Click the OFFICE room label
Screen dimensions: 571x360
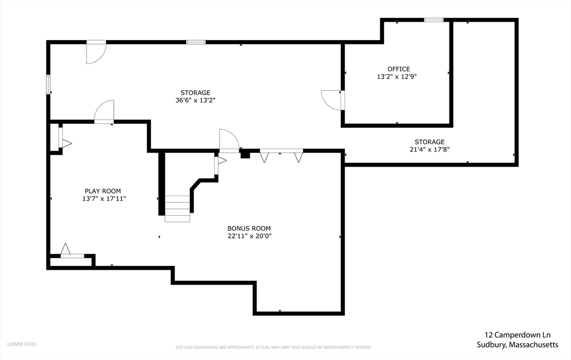[x=398, y=69]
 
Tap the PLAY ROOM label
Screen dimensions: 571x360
[x=103, y=191]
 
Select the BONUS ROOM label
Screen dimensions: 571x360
[x=249, y=228]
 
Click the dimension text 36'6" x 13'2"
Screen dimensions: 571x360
[x=196, y=100]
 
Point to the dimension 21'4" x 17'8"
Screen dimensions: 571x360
[x=430, y=149]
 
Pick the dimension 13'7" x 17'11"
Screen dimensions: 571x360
[x=104, y=199]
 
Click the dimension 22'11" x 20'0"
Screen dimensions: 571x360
[x=250, y=236]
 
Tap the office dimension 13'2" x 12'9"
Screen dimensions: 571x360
[x=397, y=77]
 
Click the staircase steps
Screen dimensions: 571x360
[x=177, y=208]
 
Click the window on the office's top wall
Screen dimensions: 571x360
[x=434, y=20]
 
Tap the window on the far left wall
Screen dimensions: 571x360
[x=48, y=85]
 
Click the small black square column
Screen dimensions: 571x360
[x=245, y=154]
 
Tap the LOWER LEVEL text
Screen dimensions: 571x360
[x=22, y=344]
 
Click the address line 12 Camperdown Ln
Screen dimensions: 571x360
[x=517, y=335]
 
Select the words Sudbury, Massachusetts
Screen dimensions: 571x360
[x=517, y=345]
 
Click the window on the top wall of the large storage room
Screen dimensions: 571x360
[x=196, y=42]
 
